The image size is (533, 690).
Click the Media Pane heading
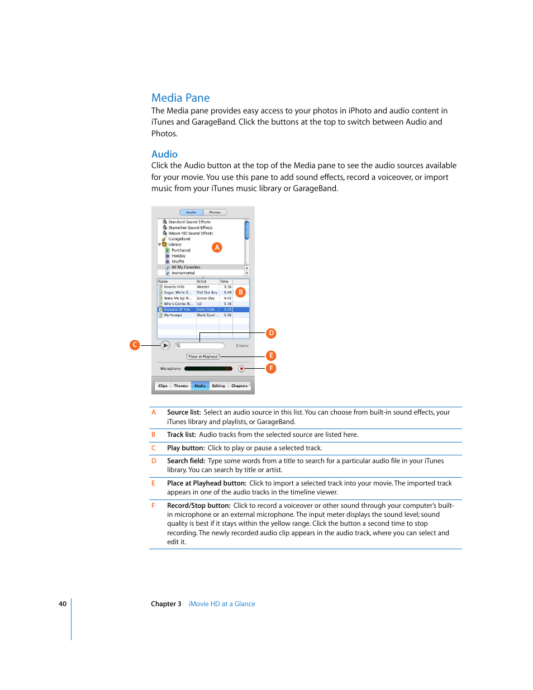point(180,98)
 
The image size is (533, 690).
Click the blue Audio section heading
point(164,154)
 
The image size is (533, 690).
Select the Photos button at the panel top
point(215,212)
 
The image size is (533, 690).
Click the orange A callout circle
point(217,247)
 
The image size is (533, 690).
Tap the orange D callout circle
point(271,333)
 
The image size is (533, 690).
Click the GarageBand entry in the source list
point(179,239)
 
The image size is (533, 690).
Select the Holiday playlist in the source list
point(178,256)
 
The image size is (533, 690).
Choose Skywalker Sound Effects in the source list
point(190,227)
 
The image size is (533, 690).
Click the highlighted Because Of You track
point(177,310)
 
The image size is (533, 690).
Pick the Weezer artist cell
point(203,287)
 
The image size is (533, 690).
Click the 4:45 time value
point(227,298)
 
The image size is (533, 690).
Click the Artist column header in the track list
point(202,282)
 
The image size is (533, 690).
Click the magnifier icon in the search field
point(178,345)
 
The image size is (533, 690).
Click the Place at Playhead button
point(203,356)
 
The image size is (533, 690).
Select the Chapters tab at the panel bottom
point(239,386)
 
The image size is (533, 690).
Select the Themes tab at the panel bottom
point(180,386)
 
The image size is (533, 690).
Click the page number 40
point(63,604)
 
